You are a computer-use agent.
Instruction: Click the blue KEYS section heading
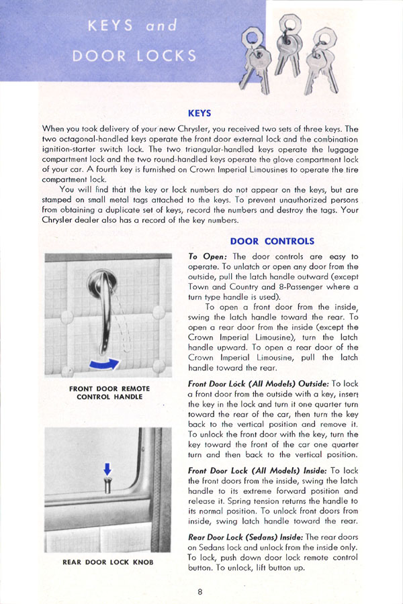pos(201,113)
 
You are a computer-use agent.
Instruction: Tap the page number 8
pos(200,591)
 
